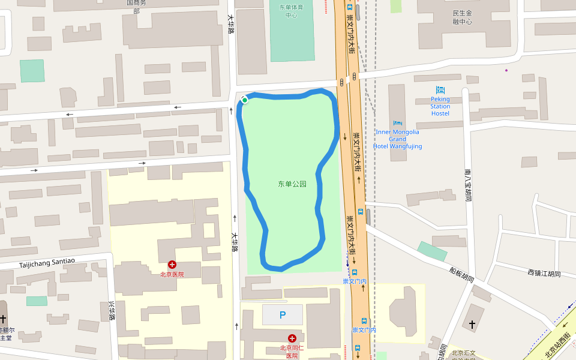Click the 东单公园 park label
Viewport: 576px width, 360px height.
pos(292,184)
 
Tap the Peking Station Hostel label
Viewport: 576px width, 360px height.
pos(440,106)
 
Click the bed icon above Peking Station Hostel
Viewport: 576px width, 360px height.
pos(440,90)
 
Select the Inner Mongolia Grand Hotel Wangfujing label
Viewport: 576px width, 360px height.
pos(397,139)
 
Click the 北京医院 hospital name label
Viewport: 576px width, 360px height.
pos(172,274)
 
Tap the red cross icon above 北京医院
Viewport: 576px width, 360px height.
pos(172,264)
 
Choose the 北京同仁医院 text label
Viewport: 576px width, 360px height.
pos(292,352)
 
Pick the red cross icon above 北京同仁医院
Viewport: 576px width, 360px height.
pos(292,338)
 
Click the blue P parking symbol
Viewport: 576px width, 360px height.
pos(283,315)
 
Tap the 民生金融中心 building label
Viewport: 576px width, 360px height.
pos(462,17)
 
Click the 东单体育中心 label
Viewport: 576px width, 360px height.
pos(292,11)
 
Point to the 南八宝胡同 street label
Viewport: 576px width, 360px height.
pos(468,184)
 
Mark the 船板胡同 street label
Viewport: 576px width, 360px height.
pos(461,275)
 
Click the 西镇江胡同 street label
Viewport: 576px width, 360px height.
pos(544,274)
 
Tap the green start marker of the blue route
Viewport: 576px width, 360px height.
pos(245,100)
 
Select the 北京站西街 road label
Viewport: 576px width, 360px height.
pos(557,346)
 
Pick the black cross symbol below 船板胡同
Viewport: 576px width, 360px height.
pos(472,325)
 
